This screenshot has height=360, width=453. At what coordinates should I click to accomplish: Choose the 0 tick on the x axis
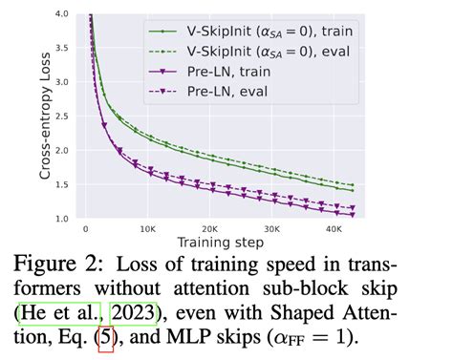(x=85, y=230)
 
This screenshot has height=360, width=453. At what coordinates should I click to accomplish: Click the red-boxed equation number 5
(x=104, y=339)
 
